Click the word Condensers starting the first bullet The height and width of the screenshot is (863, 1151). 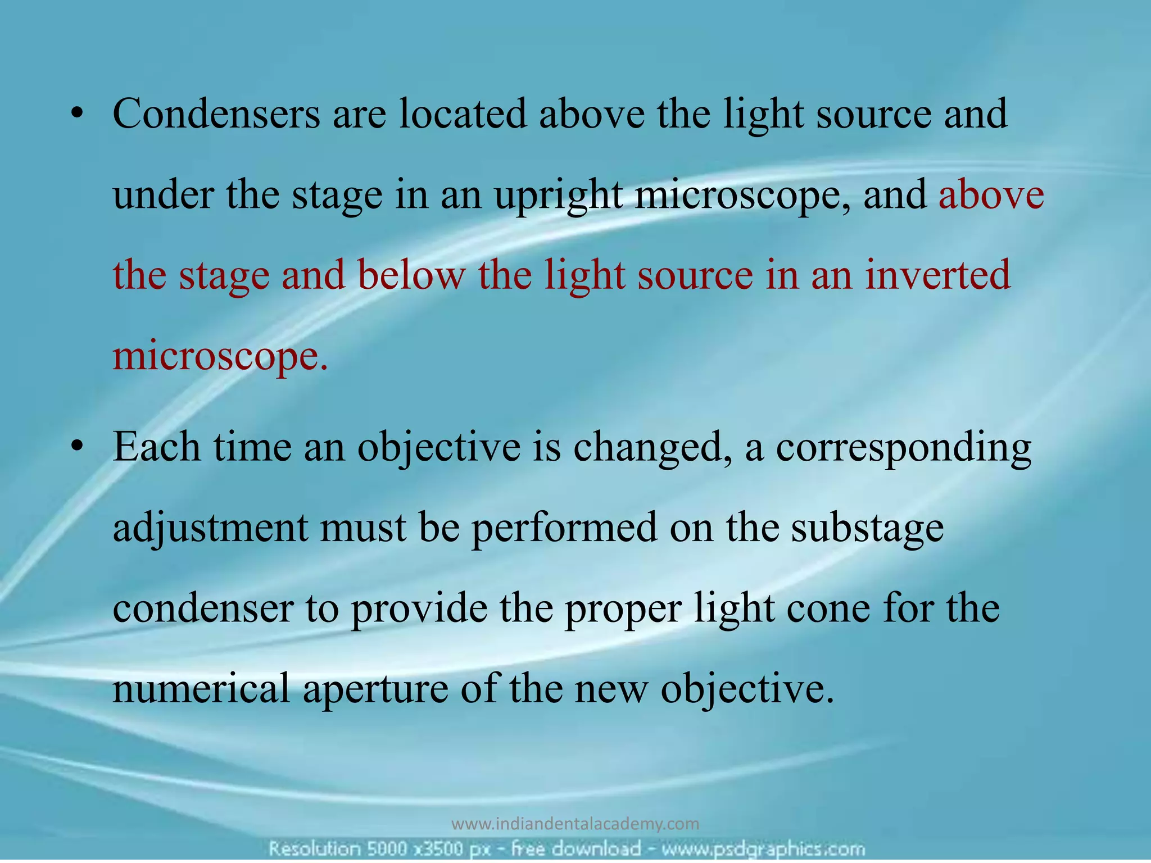[x=216, y=113]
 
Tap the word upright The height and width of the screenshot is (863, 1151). [x=558, y=196]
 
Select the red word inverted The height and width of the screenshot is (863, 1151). [x=938, y=275]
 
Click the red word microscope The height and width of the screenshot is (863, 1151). [x=220, y=356]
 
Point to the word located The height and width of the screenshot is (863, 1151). [x=463, y=113]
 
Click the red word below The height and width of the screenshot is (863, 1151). [x=411, y=275]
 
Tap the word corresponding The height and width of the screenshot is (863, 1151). [x=904, y=448]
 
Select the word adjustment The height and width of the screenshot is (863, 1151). [x=210, y=528]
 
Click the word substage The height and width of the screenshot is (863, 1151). [x=867, y=528]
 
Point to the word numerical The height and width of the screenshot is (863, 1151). [x=202, y=689]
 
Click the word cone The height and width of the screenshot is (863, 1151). [x=828, y=608]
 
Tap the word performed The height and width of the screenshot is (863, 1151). [x=564, y=528]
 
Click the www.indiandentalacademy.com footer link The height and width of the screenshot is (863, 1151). [x=575, y=824]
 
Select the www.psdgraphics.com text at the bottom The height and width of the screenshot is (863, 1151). [x=754, y=848]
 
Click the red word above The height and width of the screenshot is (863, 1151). [x=991, y=196]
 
